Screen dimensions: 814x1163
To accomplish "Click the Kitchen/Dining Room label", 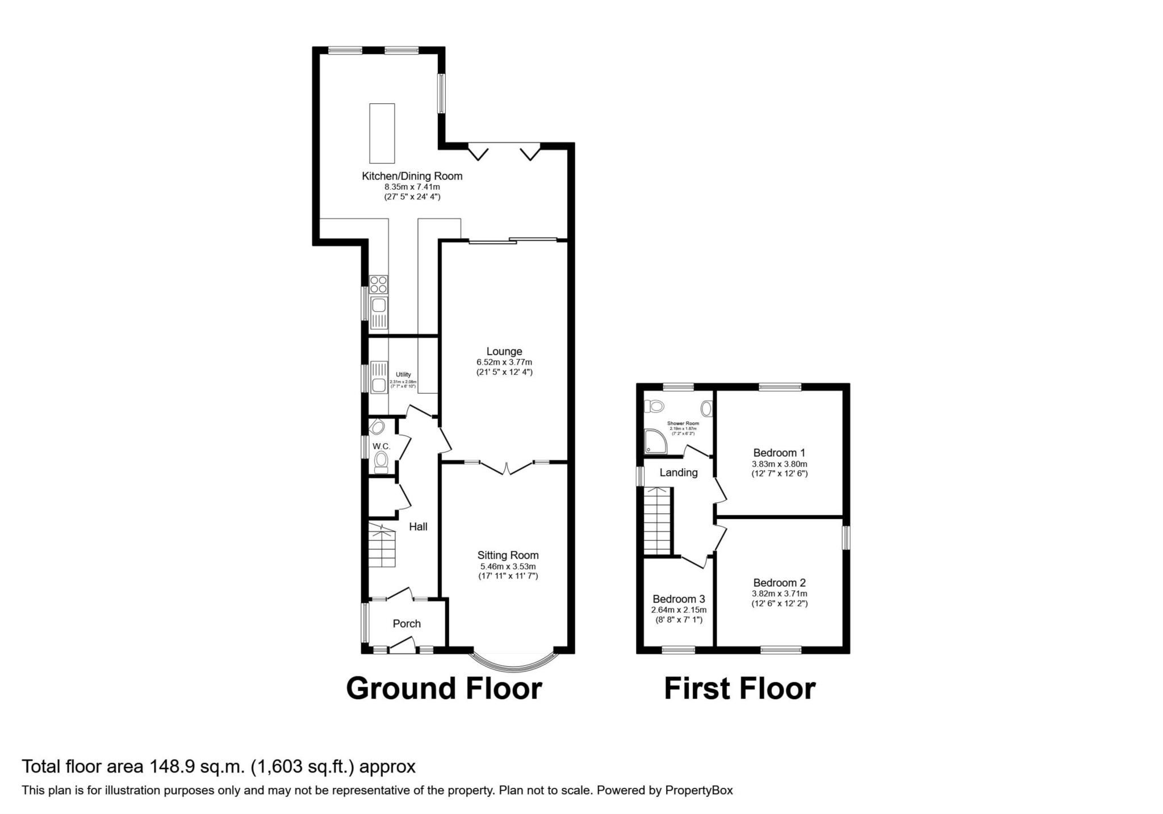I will (412, 176).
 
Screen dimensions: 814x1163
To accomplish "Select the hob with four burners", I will (378, 284).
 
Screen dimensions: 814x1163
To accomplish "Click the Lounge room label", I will (504, 352).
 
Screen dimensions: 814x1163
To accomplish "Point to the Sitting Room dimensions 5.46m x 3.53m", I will (508, 566).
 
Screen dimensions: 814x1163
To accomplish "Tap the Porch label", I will (407, 624).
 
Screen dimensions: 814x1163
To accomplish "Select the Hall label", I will (418, 527).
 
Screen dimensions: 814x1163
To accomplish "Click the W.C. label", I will (381, 446).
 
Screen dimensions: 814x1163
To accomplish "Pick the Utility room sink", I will (378, 377).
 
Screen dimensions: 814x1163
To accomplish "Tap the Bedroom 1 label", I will (779, 453).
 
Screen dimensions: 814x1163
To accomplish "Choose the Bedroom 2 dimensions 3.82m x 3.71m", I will (779, 594).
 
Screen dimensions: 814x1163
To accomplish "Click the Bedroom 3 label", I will (679, 599).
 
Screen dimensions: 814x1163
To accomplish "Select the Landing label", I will (678, 473).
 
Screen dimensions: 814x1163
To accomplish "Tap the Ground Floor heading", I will (444, 688).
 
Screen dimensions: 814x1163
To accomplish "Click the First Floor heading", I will (739, 688).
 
